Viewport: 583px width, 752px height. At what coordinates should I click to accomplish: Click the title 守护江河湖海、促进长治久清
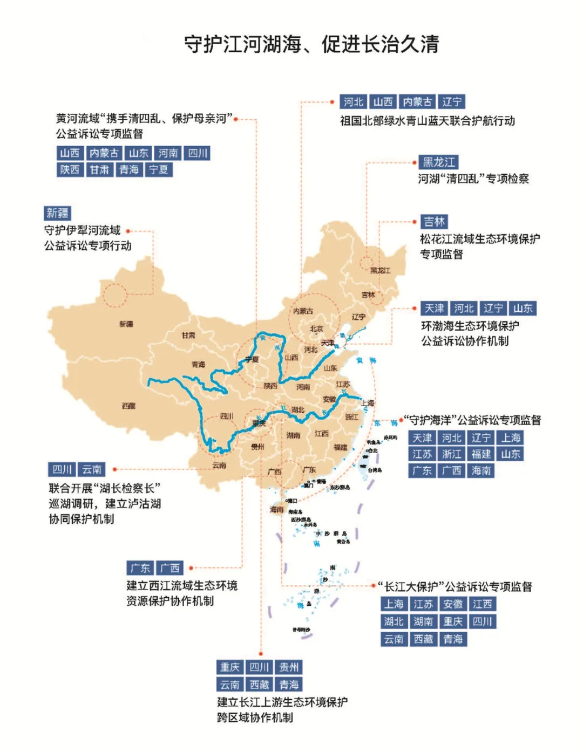click(311, 44)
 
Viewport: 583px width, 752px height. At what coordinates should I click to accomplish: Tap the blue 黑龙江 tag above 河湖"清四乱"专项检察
click(439, 162)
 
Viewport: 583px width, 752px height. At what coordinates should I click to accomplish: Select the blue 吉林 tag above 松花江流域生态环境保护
click(434, 222)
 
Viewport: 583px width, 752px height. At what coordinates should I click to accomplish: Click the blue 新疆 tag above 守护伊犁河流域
click(57, 213)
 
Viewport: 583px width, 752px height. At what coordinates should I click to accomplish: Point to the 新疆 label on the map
click(126, 324)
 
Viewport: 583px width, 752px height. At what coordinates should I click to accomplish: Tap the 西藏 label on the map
click(128, 406)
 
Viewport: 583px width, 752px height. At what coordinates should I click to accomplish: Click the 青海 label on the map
click(198, 365)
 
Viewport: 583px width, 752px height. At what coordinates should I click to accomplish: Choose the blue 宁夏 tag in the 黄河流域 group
click(158, 170)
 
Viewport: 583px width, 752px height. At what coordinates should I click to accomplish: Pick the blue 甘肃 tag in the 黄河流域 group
click(99, 170)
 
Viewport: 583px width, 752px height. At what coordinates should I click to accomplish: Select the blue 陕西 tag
click(70, 170)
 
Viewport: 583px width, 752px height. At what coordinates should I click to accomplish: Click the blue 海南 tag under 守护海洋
click(481, 471)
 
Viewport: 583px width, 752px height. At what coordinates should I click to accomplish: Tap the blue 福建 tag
click(481, 454)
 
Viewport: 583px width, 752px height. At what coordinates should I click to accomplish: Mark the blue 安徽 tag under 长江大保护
click(452, 604)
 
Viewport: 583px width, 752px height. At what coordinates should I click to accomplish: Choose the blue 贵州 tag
click(289, 667)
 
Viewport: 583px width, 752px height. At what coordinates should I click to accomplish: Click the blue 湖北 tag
click(394, 621)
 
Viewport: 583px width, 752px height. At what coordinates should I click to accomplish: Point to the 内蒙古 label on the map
click(303, 311)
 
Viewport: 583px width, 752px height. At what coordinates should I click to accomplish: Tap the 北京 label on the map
click(316, 329)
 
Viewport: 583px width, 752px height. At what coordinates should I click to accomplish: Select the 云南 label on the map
click(219, 465)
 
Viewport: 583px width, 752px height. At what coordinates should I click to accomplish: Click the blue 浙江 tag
click(452, 454)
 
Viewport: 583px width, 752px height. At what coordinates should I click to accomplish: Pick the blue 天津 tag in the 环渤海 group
click(434, 309)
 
